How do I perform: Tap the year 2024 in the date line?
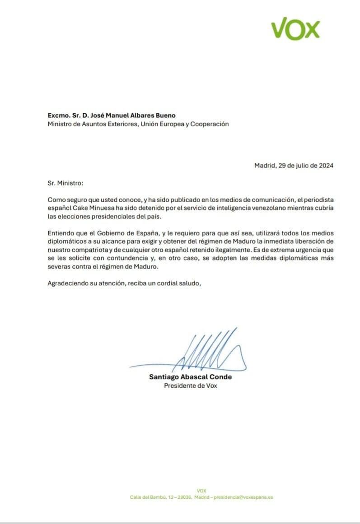pos(325,166)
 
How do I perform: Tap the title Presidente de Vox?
pos(190,386)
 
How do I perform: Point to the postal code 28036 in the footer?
pos(178,497)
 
